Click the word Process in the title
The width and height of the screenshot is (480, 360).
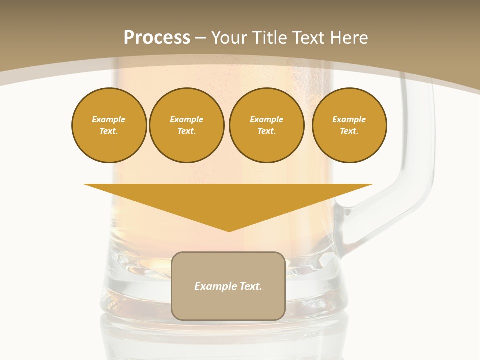tap(157, 38)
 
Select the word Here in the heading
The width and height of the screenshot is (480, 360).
tap(348, 38)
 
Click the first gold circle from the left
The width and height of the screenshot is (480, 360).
tap(109, 125)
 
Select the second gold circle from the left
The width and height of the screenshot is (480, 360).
tap(187, 125)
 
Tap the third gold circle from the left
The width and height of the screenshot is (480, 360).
tap(266, 125)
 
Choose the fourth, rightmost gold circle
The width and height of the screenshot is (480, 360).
tap(349, 125)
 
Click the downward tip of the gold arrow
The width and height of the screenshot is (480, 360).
tap(229, 229)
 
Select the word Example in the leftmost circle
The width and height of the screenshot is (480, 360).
tap(109, 119)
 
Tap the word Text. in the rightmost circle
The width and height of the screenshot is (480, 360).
tap(349, 131)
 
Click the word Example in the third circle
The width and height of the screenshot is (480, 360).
tap(266, 119)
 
